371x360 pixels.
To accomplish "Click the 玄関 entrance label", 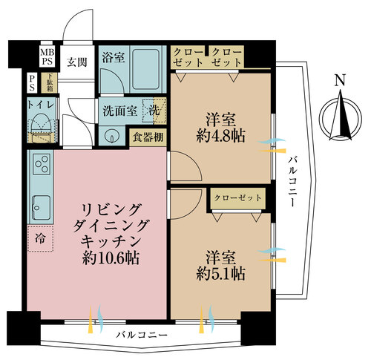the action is (x=77, y=62).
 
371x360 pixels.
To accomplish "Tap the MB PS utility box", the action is (x=47, y=57).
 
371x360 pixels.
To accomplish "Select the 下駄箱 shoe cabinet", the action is (x=50, y=82).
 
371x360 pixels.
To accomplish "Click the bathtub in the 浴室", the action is (x=145, y=69).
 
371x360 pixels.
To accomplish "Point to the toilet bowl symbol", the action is (x=41, y=124).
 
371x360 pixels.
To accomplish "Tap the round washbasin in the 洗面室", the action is (x=111, y=136).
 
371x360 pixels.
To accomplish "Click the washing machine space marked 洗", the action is (x=154, y=111).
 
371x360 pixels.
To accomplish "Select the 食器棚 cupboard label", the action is (x=148, y=137).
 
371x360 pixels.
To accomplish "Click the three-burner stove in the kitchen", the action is (x=42, y=164).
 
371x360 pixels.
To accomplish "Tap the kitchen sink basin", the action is (x=42, y=207).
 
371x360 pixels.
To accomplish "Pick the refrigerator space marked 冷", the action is (x=40, y=238).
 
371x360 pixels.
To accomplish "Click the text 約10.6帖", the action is (x=111, y=258).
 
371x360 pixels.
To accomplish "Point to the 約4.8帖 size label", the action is (x=221, y=136).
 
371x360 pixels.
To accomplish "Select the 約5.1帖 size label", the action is (x=221, y=274).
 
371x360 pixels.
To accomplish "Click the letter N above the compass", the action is (x=340, y=80).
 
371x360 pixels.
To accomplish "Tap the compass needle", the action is (x=341, y=114).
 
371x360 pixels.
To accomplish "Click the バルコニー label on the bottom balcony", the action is (x=142, y=336).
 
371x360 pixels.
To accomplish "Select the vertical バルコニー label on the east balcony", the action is (x=292, y=181).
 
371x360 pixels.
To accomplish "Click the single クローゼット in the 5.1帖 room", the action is (x=237, y=198).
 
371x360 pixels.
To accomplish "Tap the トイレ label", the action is (x=41, y=105).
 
